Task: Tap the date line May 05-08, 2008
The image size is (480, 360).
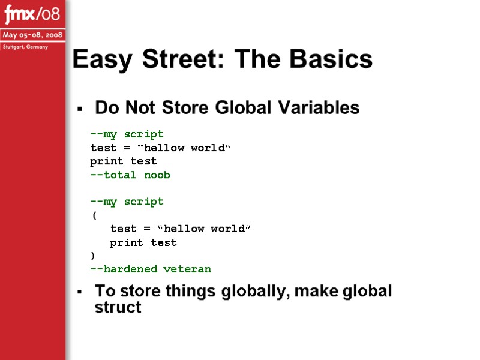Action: click(32, 35)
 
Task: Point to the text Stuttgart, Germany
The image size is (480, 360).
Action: click(25, 47)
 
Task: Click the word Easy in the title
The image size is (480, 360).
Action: click(103, 59)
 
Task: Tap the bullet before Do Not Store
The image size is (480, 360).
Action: click(79, 109)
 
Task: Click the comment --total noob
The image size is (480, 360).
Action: click(130, 175)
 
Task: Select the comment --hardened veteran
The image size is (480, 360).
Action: click(151, 269)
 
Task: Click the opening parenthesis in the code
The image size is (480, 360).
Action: click(94, 215)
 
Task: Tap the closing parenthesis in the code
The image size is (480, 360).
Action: click(94, 256)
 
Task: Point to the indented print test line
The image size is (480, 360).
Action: click(143, 242)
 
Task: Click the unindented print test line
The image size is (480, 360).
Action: click(124, 161)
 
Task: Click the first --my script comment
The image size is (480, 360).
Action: click(127, 134)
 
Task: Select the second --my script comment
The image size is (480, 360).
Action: click(127, 202)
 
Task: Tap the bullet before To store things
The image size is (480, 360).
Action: click(79, 292)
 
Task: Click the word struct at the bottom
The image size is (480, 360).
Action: click(118, 308)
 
